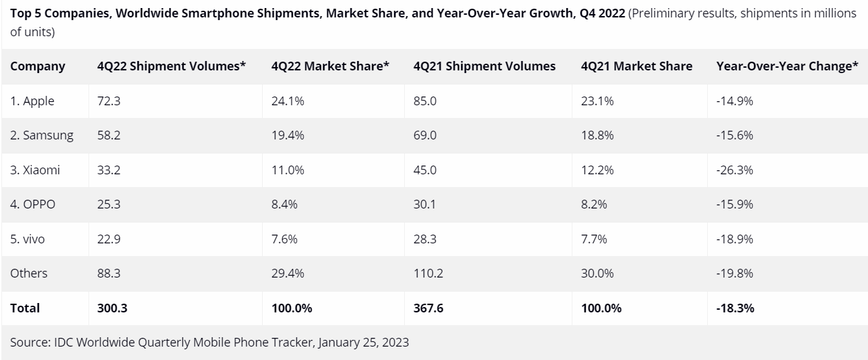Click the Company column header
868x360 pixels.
click(38, 66)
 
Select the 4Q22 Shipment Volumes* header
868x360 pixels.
click(172, 66)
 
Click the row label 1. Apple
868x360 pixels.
click(32, 101)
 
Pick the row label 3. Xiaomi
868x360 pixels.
click(35, 170)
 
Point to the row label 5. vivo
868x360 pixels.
click(27, 239)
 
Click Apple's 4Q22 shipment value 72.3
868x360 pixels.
click(109, 101)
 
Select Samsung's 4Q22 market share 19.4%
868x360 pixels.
click(288, 135)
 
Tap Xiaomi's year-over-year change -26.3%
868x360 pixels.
click(735, 170)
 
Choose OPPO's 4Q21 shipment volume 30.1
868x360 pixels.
click(425, 204)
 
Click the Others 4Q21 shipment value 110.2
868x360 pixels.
click(428, 274)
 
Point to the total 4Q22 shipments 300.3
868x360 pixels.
click(112, 308)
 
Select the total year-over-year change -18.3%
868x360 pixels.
click(735, 308)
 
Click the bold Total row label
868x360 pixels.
click(25, 308)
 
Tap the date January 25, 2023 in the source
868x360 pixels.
click(363, 343)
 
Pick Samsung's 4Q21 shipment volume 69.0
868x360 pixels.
click(425, 135)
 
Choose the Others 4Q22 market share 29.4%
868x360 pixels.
click(288, 274)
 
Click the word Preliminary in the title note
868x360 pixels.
click(662, 13)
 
